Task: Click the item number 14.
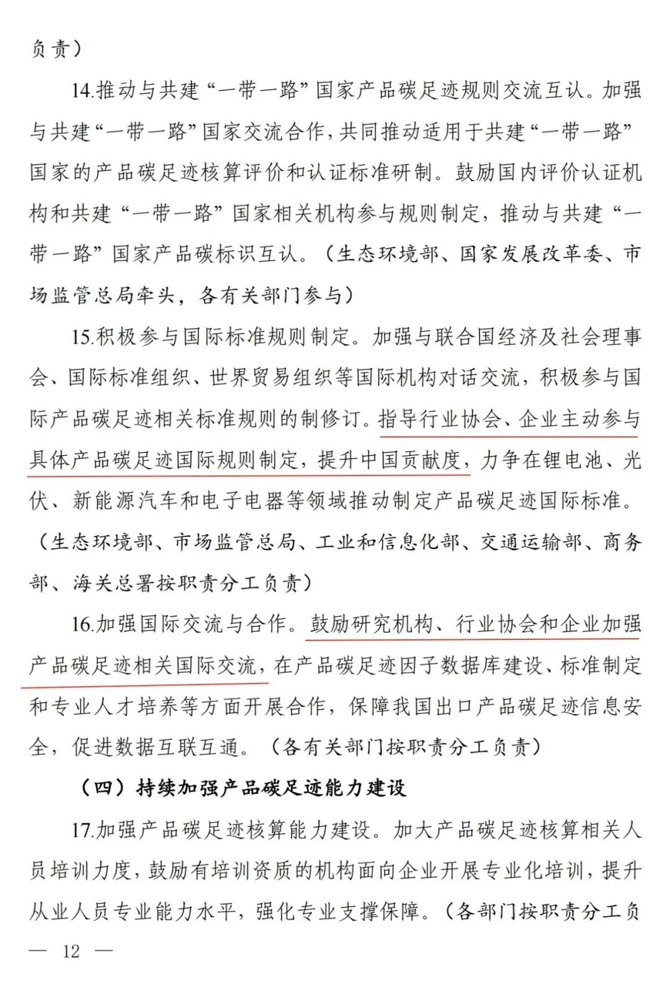[x=82, y=91]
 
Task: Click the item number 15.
[x=82, y=337]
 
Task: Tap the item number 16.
[x=82, y=624]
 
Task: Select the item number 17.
[x=82, y=830]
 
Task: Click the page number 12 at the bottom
[x=71, y=951]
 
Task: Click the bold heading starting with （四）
[x=242, y=788]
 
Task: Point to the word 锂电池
[x=571, y=460]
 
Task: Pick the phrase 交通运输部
[x=531, y=542]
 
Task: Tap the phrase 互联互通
[x=199, y=747]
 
